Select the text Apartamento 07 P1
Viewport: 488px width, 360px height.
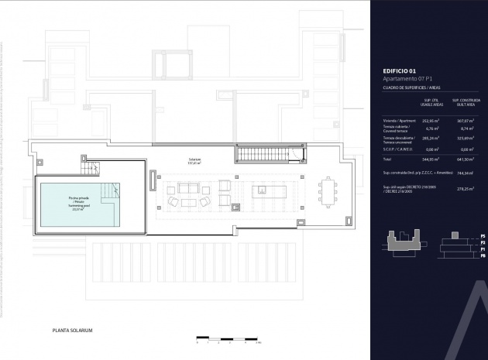point(407,79)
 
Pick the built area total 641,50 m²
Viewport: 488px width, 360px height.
point(466,158)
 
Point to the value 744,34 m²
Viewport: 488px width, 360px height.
point(465,173)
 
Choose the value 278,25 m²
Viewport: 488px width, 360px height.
point(465,188)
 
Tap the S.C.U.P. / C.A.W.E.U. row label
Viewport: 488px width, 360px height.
point(398,149)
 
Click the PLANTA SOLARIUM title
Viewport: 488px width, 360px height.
point(72,330)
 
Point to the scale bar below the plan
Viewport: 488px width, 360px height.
point(226,338)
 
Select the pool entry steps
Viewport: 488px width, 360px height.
point(113,190)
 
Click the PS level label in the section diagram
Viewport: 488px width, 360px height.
point(482,235)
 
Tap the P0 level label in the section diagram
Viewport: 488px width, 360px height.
point(482,255)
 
